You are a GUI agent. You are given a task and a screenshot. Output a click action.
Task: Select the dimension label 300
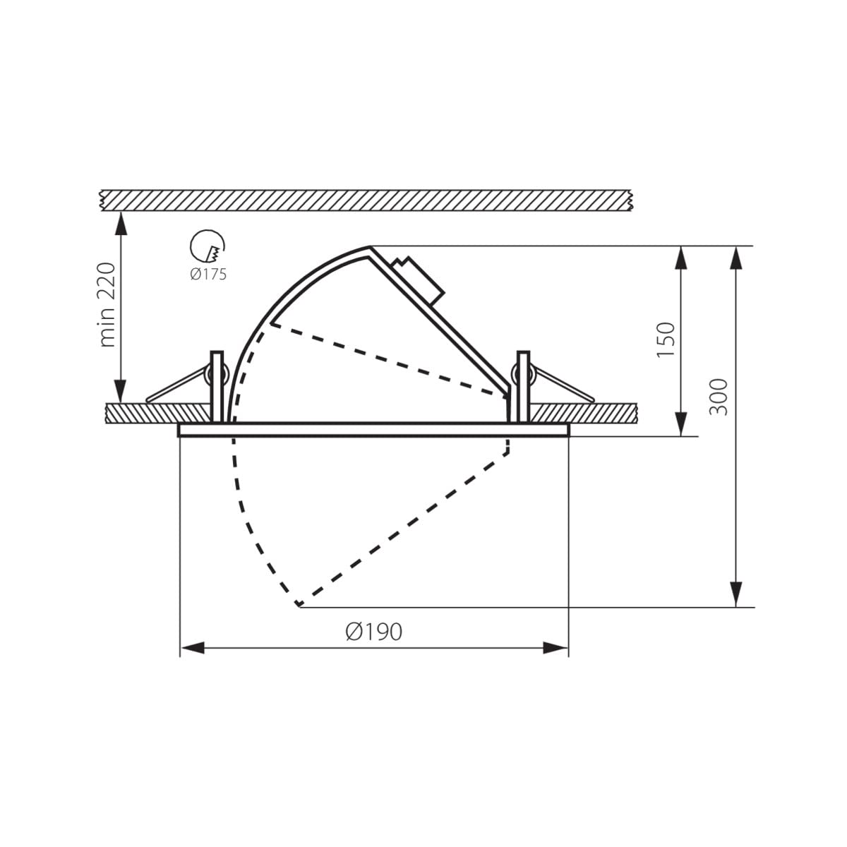[x=719, y=397]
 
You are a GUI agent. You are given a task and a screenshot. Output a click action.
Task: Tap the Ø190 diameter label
[x=373, y=632]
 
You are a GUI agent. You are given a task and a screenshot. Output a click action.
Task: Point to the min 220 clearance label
[x=107, y=305]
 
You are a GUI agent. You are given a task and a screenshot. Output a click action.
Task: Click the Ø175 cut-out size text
[x=208, y=275]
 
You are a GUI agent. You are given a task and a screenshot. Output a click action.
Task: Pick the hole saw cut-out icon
[x=207, y=246]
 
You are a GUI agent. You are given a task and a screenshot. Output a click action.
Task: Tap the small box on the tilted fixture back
[x=419, y=280]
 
